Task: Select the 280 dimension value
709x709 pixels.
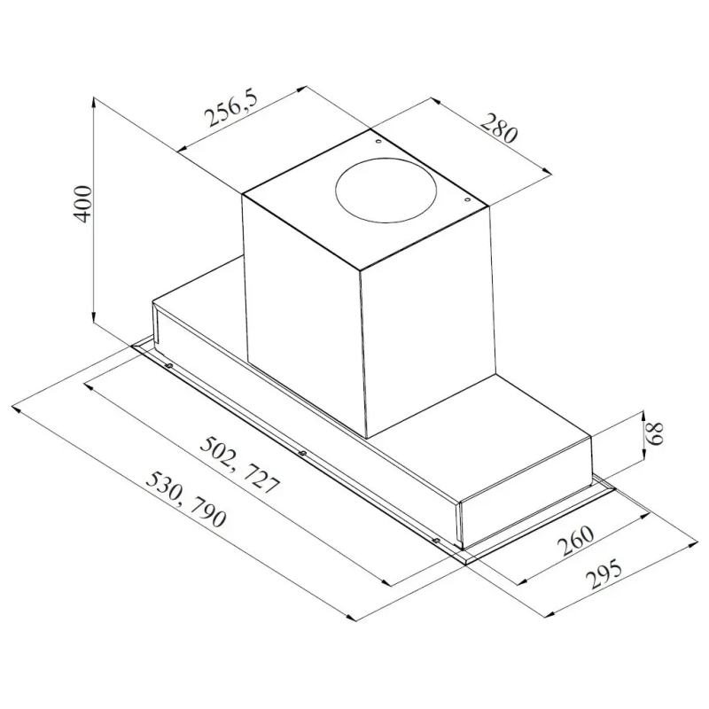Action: tap(497, 129)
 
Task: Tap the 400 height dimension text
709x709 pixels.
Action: tap(82, 203)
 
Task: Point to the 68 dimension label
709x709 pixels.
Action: tap(654, 433)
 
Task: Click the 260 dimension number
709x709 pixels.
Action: tap(575, 541)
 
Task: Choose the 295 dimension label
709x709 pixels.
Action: tap(604, 573)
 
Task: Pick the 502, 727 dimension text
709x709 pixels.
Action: tap(239, 464)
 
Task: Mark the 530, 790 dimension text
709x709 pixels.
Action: tap(185, 499)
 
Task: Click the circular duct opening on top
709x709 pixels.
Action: tap(386, 190)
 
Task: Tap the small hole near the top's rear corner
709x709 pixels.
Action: tap(378, 142)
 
